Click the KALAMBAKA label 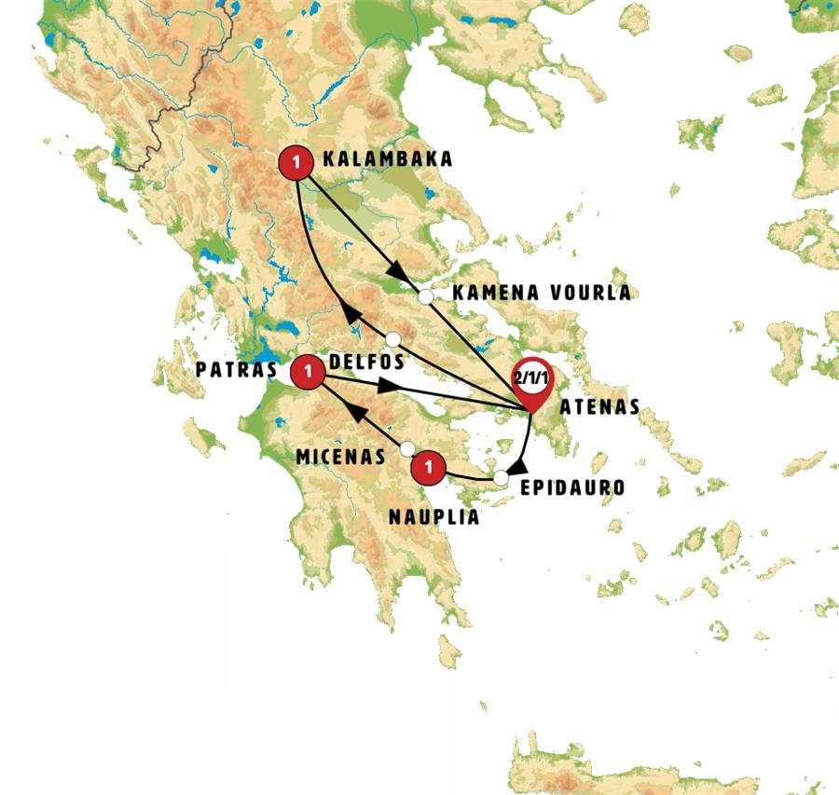(x=387, y=159)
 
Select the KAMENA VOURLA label (x=541, y=293)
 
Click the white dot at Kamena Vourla (x=425, y=297)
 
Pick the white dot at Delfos (x=393, y=338)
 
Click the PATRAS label (x=237, y=369)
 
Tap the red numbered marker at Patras (x=307, y=374)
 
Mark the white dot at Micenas (x=407, y=449)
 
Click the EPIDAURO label (x=572, y=487)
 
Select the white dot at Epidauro (x=502, y=478)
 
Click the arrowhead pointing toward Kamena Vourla (x=400, y=271)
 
